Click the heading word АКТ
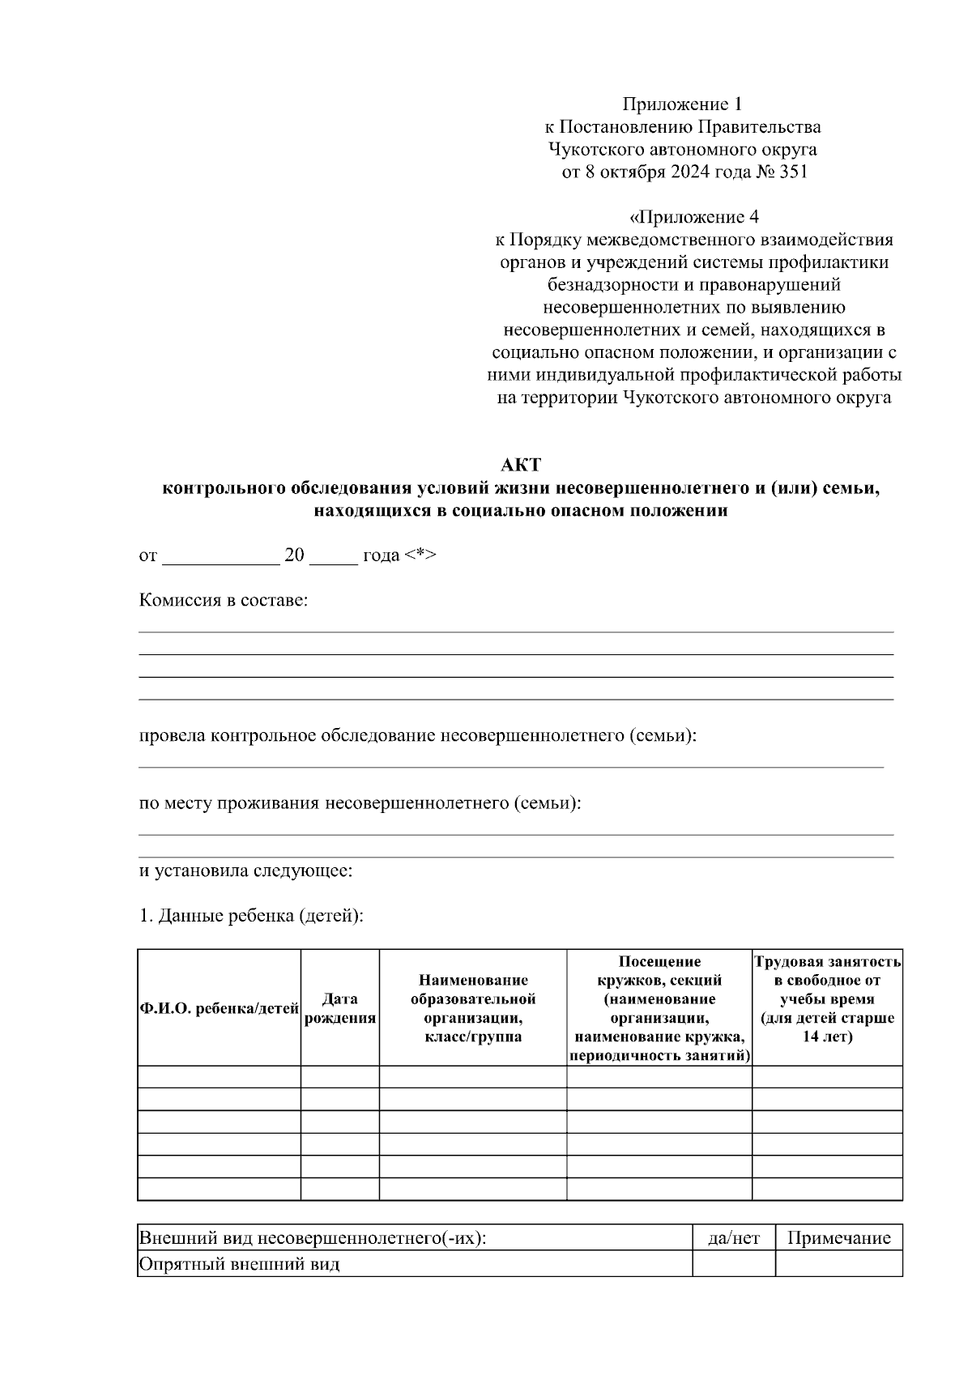[520, 466]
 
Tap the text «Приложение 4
[693, 218]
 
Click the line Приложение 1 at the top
[682, 104]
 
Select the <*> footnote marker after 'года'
[420, 556]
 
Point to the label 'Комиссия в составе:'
[224, 601]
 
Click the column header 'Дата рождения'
[340, 1009]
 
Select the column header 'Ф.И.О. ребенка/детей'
[220, 1009]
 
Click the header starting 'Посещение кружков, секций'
[659, 1009]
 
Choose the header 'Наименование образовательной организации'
[473, 1009]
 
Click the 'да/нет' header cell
[734, 1238]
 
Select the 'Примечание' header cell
[838, 1238]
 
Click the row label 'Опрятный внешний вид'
[240, 1265]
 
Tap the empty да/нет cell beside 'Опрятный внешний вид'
[734, 1265]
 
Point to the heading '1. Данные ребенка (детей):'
[251, 917]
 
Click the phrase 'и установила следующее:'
[246, 872]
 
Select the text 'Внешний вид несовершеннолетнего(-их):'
[313, 1238]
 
